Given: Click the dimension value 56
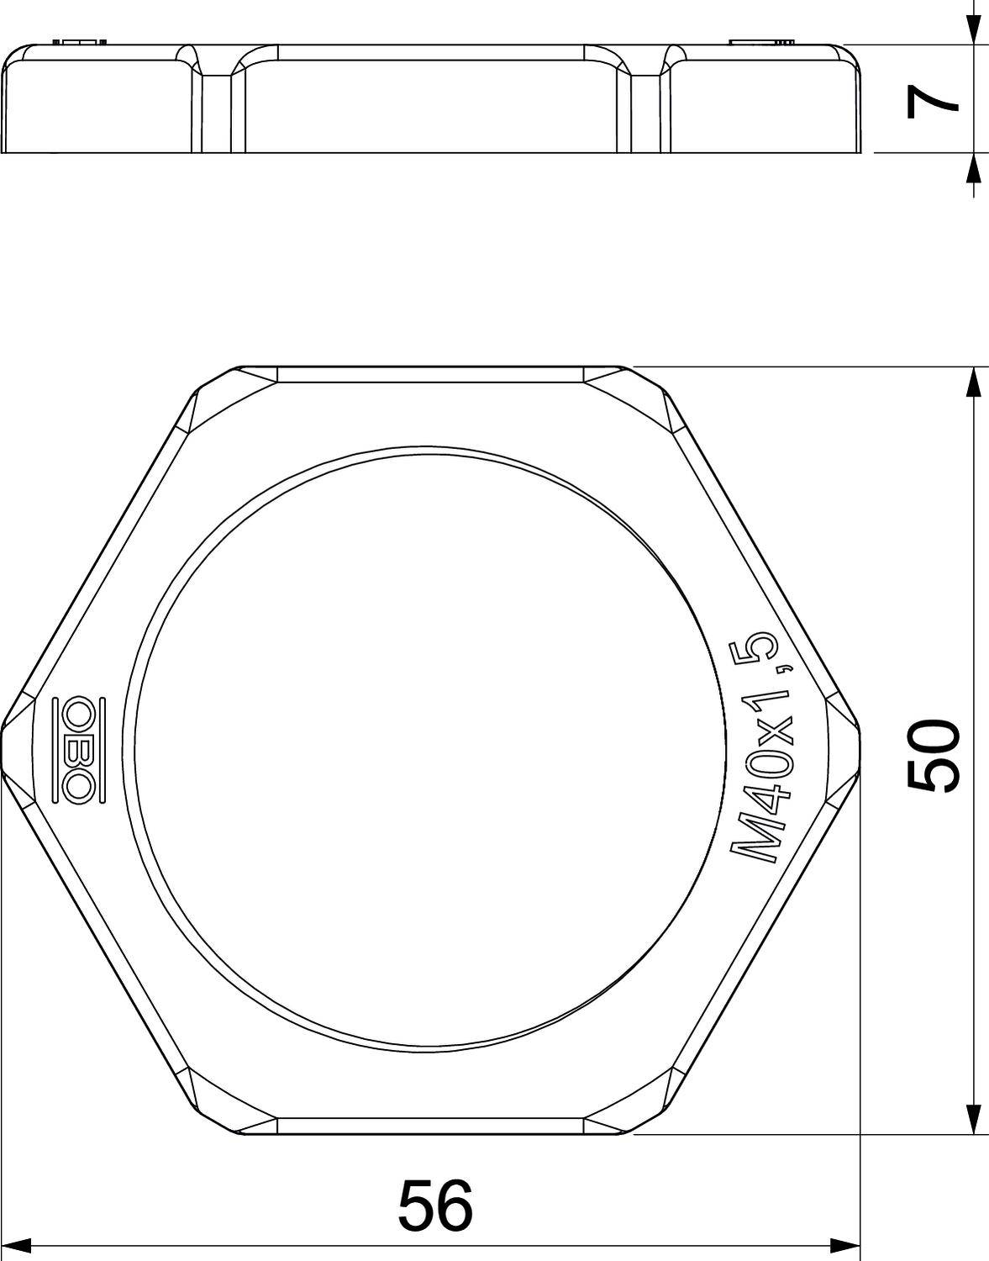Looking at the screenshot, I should [x=434, y=1204].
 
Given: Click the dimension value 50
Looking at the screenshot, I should [x=934, y=754].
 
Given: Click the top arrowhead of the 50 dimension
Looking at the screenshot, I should [x=973, y=383].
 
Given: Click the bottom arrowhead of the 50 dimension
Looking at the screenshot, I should [x=973, y=1117].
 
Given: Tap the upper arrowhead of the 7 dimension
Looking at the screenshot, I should [x=973, y=30].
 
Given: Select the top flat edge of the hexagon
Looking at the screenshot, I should [x=430, y=367].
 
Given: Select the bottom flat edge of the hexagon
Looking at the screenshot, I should [x=430, y=1133].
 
